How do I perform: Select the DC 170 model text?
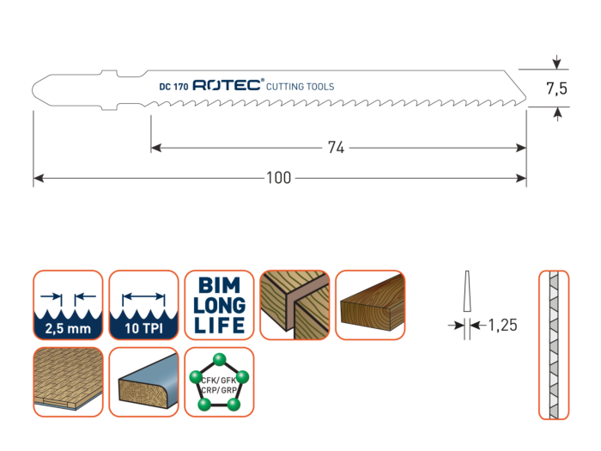[x=174, y=87]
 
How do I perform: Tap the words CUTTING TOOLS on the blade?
[x=300, y=87]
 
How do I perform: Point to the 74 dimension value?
[x=336, y=148]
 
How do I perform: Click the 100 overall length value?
[x=280, y=179]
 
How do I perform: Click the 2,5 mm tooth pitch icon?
[x=67, y=305]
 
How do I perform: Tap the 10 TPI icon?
[x=142, y=305]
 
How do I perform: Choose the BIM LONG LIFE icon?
[x=216, y=305]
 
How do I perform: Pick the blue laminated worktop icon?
[x=142, y=380]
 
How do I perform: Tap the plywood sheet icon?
[x=67, y=380]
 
